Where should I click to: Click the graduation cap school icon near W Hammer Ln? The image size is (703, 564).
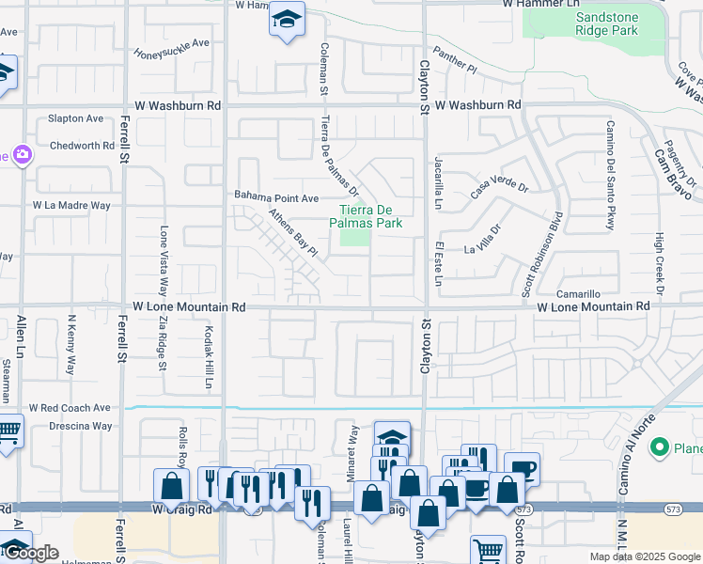(x=287, y=19)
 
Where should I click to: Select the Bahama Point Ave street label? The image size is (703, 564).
(x=277, y=197)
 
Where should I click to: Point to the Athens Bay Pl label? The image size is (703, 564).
(x=293, y=233)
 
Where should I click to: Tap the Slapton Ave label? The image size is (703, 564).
(x=76, y=118)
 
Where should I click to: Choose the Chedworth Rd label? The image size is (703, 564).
(x=82, y=146)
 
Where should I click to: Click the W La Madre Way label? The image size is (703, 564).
(x=71, y=205)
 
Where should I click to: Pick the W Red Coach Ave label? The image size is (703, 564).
(x=70, y=408)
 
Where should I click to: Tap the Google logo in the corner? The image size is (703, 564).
(x=31, y=553)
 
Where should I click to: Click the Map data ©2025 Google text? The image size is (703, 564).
(x=645, y=556)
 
